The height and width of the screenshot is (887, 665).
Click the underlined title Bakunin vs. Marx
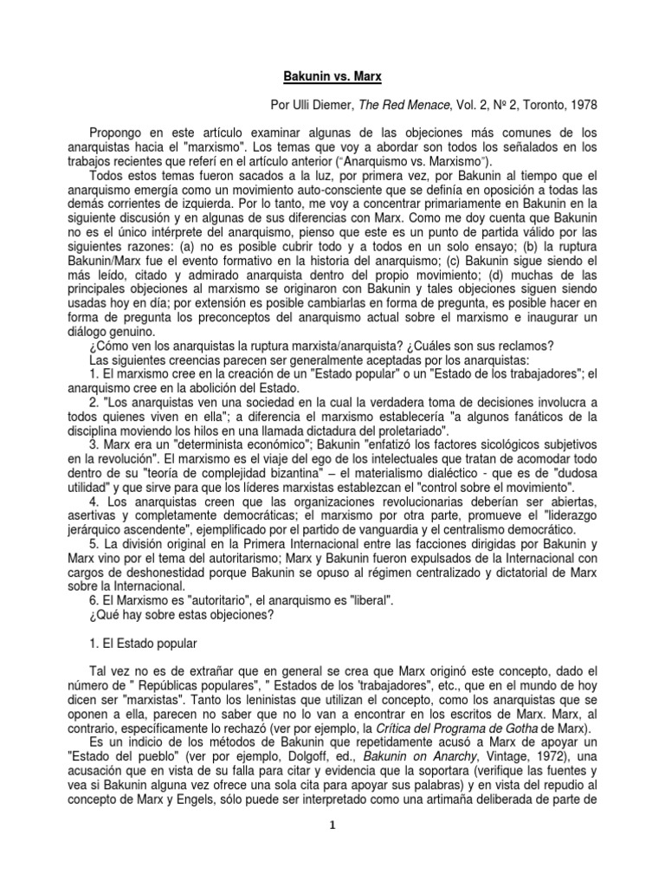tap(332, 77)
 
